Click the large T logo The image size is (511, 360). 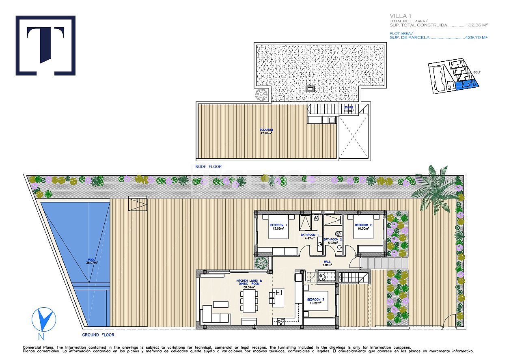[x=45, y=45]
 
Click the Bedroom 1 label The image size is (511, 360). [x=278, y=225]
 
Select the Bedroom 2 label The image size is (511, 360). [x=363, y=225]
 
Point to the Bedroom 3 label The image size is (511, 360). [x=315, y=300]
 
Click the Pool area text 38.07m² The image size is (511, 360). [x=92, y=263]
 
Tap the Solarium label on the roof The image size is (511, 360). [x=266, y=130]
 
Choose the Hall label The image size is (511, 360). [x=327, y=262]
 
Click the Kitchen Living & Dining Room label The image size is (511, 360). [x=249, y=281]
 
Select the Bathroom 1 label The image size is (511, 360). [x=308, y=235]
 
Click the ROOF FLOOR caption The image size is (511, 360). [x=209, y=167]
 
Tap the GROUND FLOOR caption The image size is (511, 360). [x=98, y=335]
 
